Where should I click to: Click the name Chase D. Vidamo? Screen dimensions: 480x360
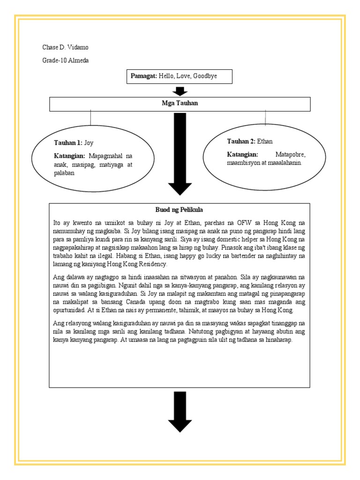tap(65, 47)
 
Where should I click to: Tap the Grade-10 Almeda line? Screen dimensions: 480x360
tap(66, 60)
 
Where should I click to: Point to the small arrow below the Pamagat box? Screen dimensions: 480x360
tap(180, 91)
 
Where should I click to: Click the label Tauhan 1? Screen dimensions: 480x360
tap(67, 143)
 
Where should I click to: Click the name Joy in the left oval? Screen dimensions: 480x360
tap(89, 143)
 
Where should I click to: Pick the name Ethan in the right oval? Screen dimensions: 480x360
tap(265, 141)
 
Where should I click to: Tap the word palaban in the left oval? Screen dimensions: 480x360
tap(65, 173)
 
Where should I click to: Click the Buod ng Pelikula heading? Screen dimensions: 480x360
tap(180, 210)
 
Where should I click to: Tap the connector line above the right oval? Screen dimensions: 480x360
tap(266, 118)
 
